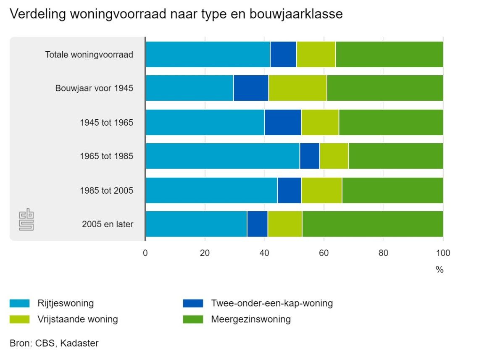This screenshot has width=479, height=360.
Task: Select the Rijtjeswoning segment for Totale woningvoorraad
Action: coord(208,55)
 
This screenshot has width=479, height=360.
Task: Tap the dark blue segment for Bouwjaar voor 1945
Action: coord(251,88)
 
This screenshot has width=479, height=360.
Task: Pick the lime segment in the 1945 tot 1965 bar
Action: coord(320,122)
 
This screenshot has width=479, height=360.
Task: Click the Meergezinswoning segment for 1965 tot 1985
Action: coord(395,156)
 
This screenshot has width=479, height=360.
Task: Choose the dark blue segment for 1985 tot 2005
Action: coord(289,190)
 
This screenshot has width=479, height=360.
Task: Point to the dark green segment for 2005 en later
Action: coord(372,224)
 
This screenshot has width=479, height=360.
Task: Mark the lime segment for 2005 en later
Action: coord(285,224)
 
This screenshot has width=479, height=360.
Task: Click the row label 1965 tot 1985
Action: coord(106,156)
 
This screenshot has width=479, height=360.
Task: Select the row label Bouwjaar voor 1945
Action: coord(94,88)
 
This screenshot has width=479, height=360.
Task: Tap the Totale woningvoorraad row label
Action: coord(89,55)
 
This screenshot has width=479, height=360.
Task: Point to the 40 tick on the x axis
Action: coord(264,253)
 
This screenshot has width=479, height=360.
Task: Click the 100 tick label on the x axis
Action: coord(443,253)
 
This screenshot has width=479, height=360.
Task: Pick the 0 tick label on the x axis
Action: coord(145,253)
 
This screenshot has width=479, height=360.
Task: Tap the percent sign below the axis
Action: coord(440,270)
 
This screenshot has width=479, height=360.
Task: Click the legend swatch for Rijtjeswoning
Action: coord(19,303)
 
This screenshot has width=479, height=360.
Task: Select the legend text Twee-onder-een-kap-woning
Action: coord(272,303)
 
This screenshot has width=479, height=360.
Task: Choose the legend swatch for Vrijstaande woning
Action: coord(19,319)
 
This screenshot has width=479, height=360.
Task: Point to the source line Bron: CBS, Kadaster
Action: coord(54,343)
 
